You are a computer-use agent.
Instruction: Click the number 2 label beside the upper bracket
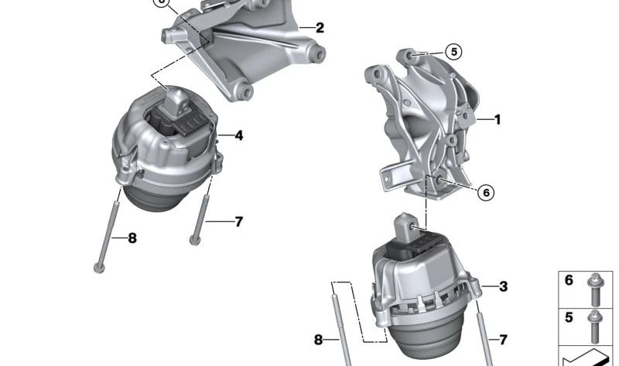[320, 28]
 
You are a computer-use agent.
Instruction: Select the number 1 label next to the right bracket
[497, 119]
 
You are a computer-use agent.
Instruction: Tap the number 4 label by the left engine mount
[238, 135]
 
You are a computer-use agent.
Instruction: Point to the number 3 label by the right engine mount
[503, 286]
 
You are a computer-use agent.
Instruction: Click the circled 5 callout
[453, 52]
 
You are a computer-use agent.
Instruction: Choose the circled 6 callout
[486, 192]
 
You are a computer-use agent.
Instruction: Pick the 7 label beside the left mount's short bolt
[238, 221]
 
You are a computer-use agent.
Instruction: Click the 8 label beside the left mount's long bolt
[132, 238]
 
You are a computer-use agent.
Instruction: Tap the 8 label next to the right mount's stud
[318, 340]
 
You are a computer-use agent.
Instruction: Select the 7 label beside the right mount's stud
[503, 340]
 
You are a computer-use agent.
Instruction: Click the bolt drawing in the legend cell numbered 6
[594, 290]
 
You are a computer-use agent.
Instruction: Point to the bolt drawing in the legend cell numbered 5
[594, 327]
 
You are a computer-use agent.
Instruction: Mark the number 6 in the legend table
[569, 280]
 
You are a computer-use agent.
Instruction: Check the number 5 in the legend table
[569, 317]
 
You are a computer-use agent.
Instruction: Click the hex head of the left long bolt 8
[99, 269]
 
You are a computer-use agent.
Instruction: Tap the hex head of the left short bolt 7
[195, 240]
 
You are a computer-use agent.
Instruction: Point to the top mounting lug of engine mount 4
[176, 103]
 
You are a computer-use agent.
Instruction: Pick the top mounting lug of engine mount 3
[405, 226]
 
